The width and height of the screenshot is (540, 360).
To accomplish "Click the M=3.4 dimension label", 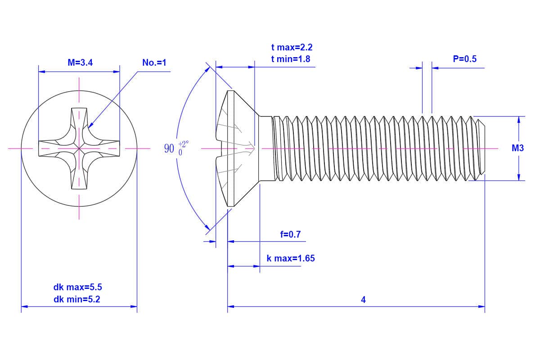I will pyautogui.click(x=80, y=63).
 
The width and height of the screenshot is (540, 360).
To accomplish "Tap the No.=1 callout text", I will pyautogui.click(x=154, y=63).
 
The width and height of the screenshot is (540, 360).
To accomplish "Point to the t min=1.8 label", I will pyautogui.click(x=290, y=59).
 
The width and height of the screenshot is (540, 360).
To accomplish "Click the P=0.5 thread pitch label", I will pyautogui.click(x=464, y=59).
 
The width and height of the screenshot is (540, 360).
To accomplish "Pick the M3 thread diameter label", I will pyautogui.click(x=518, y=148).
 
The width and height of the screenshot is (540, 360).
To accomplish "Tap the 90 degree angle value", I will pyautogui.click(x=169, y=148).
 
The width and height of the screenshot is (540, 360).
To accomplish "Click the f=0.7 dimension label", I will pyautogui.click(x=290, y=234).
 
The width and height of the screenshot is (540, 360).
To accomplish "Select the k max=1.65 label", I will pyautogui.click(x=291, y=258).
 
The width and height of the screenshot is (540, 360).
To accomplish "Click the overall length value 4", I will pyautogui.click(x=363, y=300).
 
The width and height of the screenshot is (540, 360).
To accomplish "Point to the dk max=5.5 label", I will pyautogui.click(x=75, y=287).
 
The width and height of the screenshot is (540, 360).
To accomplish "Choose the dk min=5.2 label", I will pyautogui.click(x=75, y=299).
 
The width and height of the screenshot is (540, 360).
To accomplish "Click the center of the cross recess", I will pyautogui.click(x=79, y=148).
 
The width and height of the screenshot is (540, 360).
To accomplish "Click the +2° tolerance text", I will pyautogui.click(x=184, y=144).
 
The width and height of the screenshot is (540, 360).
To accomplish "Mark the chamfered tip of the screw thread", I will pyautogui.click(x=481, y=148).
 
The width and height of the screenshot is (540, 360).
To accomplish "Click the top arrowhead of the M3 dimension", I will pyautogui.click(x=519, y=120).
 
